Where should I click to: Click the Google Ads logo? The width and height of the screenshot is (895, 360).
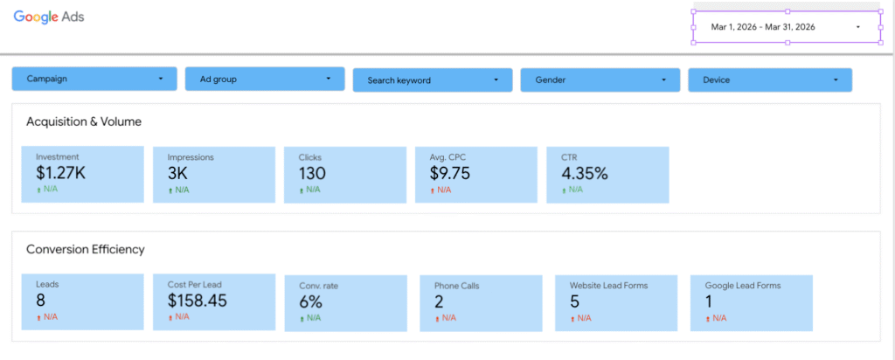point(49,17)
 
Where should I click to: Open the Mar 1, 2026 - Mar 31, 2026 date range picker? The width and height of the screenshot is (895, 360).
point(787,27)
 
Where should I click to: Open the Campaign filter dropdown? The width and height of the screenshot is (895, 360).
point(94,79)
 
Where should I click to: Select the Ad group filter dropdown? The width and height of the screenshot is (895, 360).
point(265,79)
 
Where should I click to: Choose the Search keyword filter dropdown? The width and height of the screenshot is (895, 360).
point(433,80)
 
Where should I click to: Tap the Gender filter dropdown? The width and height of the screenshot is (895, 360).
point(600,80)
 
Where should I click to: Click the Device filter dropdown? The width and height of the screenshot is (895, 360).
point(770,80)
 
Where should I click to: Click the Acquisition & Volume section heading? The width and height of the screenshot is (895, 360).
point(84,121)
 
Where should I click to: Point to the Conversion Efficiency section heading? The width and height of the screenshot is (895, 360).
point(86,249)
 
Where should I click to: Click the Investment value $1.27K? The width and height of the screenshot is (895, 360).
point(60,173)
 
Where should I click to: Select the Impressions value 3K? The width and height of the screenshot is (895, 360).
point(177,173)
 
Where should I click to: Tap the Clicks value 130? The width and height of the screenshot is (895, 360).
point(312,173)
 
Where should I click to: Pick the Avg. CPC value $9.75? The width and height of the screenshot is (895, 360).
point(450,173)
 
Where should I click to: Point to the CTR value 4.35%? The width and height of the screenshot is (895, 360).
point(585,173)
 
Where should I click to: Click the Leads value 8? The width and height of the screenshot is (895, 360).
point(40,300)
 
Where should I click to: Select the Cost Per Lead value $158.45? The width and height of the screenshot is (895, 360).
point(198,300)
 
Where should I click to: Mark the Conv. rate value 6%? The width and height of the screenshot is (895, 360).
point(311,301)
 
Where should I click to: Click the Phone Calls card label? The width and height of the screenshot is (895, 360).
point(456,286)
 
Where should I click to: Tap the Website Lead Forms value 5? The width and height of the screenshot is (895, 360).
point(575,301)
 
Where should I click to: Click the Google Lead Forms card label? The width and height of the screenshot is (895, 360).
point(743,286)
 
